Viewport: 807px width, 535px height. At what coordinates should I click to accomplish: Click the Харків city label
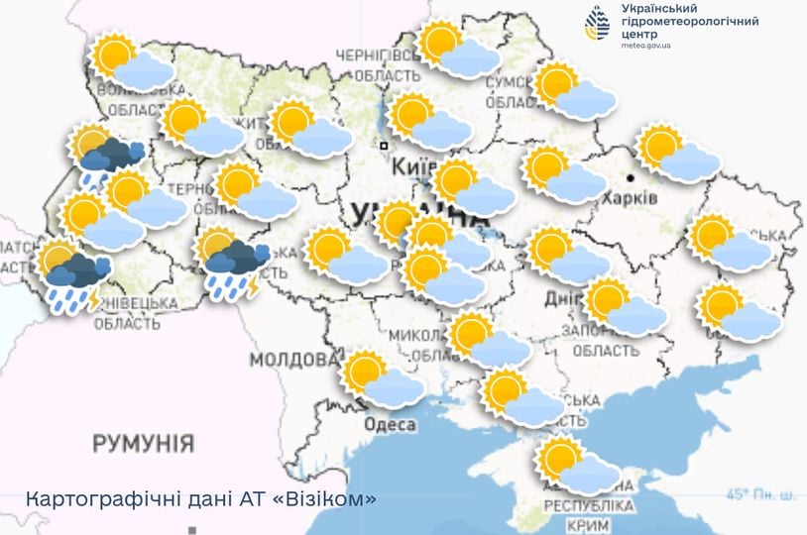tap(630, 198)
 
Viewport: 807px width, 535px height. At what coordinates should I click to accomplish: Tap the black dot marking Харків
tap(631, 178)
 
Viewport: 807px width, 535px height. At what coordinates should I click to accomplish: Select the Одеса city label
tap(391, 424)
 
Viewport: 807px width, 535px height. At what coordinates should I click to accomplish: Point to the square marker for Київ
tap(384, 146)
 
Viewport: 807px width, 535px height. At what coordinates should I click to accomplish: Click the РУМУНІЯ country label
tap(143, 443)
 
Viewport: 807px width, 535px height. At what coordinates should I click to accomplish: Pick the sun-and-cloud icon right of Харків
tap(678, 154)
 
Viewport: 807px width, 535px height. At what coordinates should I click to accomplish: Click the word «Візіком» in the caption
tap(326, 499)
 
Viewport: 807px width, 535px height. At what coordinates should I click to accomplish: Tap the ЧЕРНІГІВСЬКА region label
tap(380, 54)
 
